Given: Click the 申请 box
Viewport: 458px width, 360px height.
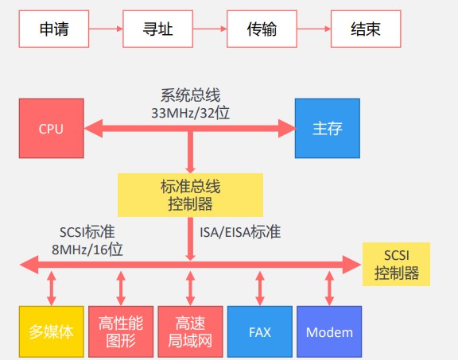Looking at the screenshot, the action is tap(54, 29).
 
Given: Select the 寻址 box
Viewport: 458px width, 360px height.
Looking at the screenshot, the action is tap(157, 29).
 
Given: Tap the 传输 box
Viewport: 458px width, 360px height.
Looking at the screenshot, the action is tap(262, 29).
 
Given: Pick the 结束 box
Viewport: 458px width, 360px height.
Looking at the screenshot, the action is tap(366, 29).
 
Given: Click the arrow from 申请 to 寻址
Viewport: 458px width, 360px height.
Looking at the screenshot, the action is tap(106, 29).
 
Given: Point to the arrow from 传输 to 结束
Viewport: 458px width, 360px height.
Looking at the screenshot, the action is tap(314, 29).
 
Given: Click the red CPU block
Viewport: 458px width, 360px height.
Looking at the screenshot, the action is tap(52, 129).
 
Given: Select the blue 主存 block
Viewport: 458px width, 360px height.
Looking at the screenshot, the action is tap(328, 129).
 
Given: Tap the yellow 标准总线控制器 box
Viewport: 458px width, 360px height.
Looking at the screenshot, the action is tap(190, 195).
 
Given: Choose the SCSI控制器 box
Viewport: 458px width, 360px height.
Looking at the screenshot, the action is tap(396, 264).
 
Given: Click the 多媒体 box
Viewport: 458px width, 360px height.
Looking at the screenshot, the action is tap(52, 331).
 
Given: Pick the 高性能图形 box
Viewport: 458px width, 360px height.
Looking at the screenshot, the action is tap(121, 331).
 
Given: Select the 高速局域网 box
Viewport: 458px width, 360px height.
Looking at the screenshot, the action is tap(190, 331).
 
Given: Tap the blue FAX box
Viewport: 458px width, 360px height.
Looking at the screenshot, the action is tap(260, 331).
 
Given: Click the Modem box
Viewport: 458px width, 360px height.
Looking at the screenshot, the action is tap(329, 331).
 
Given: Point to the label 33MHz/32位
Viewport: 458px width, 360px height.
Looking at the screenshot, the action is tap(191, 113).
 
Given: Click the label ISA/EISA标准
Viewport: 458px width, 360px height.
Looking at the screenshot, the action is tap(240, 232).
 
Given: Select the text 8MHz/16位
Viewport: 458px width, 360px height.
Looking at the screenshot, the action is tap(87, 250).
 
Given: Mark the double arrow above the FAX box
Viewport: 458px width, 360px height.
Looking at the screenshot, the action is tap(260, 288).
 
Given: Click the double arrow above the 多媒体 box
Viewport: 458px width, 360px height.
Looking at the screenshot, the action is tap(52, 288).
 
